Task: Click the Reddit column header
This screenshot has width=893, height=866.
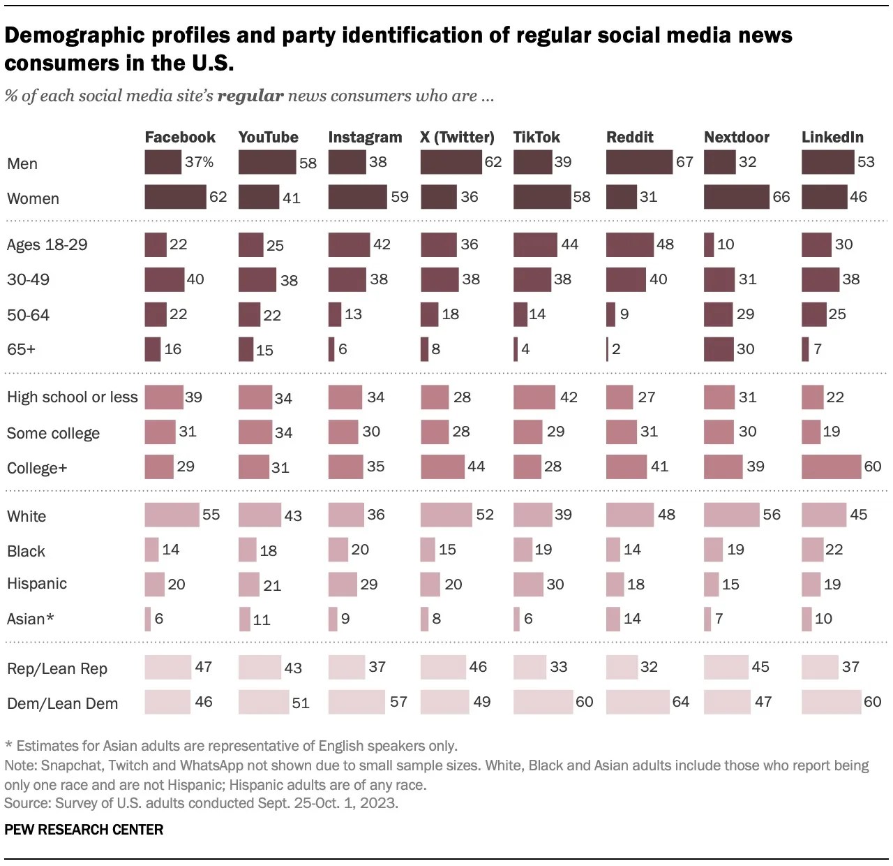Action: click(629, 137)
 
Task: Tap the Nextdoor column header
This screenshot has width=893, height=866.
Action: click(736, 137)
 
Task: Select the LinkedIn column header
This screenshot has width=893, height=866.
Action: click(832, 137)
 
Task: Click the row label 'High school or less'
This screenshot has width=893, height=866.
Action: click(72, 397)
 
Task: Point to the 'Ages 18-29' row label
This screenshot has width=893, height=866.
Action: click(47, 244)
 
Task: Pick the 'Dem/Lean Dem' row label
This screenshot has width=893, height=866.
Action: click(62, 703)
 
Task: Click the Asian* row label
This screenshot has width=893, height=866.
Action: click(30, 619)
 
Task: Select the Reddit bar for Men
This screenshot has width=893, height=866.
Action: click(639, 162)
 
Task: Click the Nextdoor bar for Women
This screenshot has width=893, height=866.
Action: click(736, 197)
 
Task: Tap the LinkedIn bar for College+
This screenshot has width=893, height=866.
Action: click(831, 467)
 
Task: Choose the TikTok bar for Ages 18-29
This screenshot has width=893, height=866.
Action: click(535, 244)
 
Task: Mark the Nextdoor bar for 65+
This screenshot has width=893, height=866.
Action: click(719, 348)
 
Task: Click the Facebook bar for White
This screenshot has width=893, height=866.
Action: click(172, 515)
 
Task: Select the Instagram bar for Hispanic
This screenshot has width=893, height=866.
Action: click(343, 584)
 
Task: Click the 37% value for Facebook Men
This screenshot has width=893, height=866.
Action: click(199, 162)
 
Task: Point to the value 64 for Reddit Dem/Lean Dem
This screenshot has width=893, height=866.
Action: click(680, 702)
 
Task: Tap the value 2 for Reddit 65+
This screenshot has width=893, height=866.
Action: click(616, 348)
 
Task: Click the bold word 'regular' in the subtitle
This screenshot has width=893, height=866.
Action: click(250, 96)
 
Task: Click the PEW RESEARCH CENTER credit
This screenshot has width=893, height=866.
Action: click(84, 830)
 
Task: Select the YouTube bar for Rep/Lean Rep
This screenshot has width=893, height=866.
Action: click(260, 667)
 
